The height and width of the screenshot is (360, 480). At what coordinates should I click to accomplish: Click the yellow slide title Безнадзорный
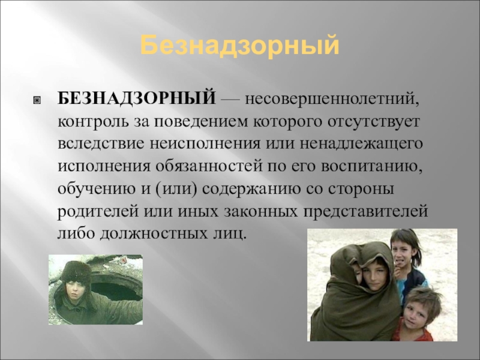[x=239, y=46]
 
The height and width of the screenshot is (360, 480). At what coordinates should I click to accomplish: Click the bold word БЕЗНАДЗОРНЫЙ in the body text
[x=137, y=98]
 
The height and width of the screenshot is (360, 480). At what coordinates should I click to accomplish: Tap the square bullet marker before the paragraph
[x=37, y=100]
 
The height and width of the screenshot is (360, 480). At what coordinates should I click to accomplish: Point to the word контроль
[x=94, y=122]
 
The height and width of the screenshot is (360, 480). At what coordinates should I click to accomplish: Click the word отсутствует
[x=374, y=122]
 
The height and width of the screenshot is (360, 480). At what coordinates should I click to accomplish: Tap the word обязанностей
[x=209, y=167]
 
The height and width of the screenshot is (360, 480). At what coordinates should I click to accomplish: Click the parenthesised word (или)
[x=175, y=189]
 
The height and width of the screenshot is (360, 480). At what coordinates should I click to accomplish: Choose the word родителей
[x=98, y=212]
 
